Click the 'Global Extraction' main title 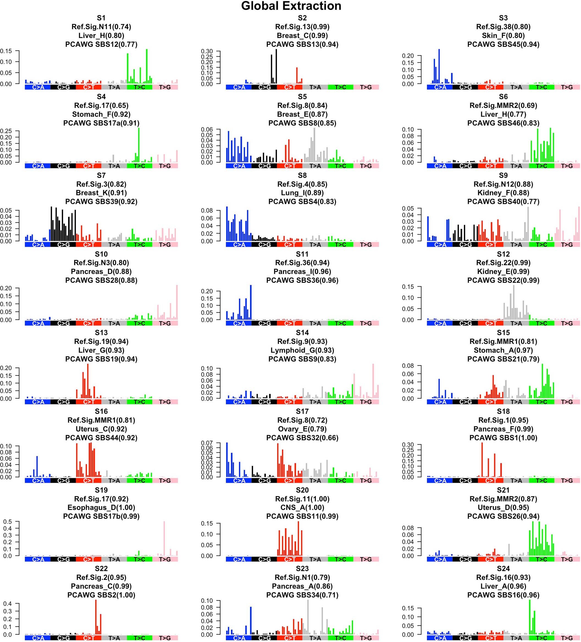coord(291,6)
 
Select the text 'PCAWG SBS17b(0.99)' coord(101,516)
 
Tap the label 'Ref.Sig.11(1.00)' coord(302,499)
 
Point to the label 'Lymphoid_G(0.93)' coord(302,350)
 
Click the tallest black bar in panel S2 coord(276,67)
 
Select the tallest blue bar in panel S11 coord(251,303)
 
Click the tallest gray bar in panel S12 coord(514,303)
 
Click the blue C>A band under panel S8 coord(239,245)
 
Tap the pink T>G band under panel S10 coord(165,323)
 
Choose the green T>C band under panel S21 coord(541,559)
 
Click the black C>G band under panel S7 coord(63,245)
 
